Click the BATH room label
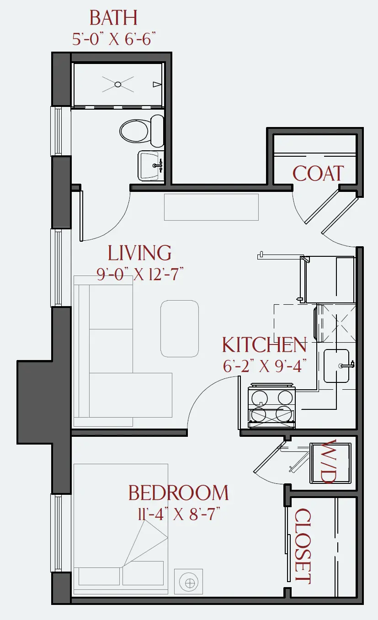(113, 18)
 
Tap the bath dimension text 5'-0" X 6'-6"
(114, 39)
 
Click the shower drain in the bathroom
(118, 84)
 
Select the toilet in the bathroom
(142, 131)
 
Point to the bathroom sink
(151, 166)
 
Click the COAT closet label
(318, 174)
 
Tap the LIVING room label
(139, 253)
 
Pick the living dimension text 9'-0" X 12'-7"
(140, 274)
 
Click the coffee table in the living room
(180, 329)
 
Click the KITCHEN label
(265, 345)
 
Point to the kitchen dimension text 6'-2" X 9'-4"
(265, 366)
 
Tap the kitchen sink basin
(336, 366)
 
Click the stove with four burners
(272, 405)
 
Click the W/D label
(330, 461)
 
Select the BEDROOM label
(179, 493)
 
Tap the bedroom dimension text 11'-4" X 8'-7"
(179, 514)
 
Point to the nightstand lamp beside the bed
(189, 582)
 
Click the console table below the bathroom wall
(211, 207)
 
